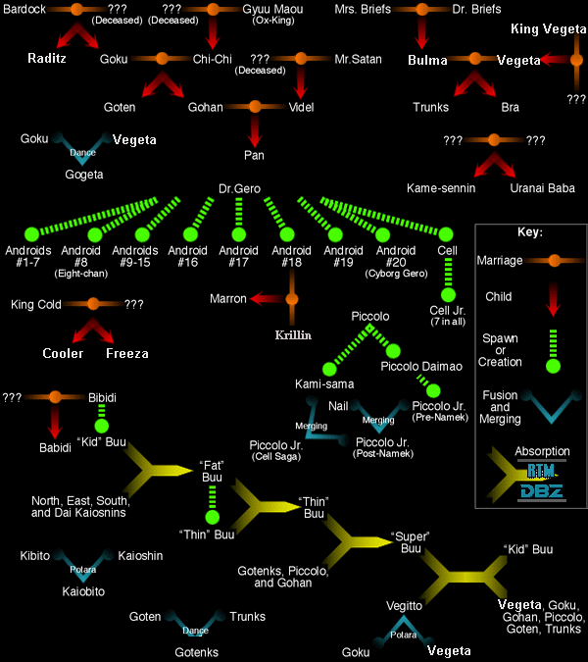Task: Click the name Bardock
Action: (24, 9)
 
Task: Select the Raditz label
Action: (47, 58)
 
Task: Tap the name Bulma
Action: (427, 61)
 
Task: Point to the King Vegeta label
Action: (549, 28)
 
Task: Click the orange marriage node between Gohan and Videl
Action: (255, 106)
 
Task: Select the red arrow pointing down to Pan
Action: (255, 130)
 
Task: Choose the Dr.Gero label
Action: (239, 188)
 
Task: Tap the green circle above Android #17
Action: (239, 234)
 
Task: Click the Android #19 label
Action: (343, 256)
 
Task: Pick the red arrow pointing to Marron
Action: (267, 299)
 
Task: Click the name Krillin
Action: (293, 335)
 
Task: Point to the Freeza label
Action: (127, 353)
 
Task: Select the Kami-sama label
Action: (324, 384)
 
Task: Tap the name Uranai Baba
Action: (543, 188)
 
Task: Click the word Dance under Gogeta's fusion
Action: (82, 152)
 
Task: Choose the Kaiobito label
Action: (83, 591)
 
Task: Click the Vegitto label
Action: (404, 606)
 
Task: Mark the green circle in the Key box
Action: (553, 366)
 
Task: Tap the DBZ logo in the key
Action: (541, 491)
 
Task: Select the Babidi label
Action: (55, 447)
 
